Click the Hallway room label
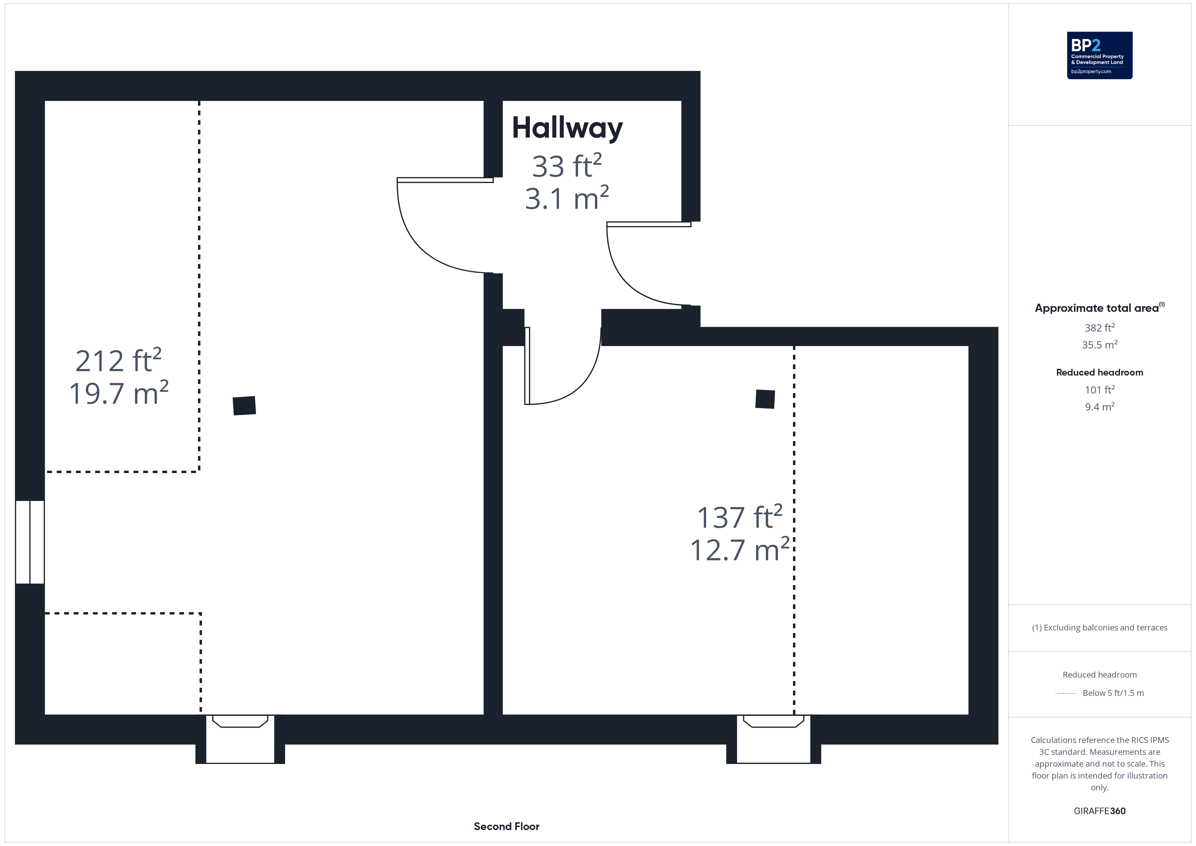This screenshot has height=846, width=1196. [x=567, y=128]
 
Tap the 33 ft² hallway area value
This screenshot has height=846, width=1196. [x=567, y=166]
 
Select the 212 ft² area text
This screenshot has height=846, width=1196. [x=118, y=361]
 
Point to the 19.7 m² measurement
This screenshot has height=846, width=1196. [x=119, y=393]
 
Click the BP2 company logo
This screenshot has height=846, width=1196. [x=1100, y=55]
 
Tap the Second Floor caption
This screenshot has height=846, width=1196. [x=506, y=826]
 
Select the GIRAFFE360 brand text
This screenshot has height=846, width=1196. [x=1100, y=811]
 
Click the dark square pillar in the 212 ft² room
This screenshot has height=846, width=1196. [x=244, y=406]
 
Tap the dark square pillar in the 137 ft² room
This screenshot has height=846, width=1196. [x=765, y=399]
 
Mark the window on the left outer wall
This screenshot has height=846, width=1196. [x=30, y=542]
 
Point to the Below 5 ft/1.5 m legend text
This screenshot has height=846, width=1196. [x=1113, y=693]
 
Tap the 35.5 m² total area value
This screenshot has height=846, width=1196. [x=1100, y=345]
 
